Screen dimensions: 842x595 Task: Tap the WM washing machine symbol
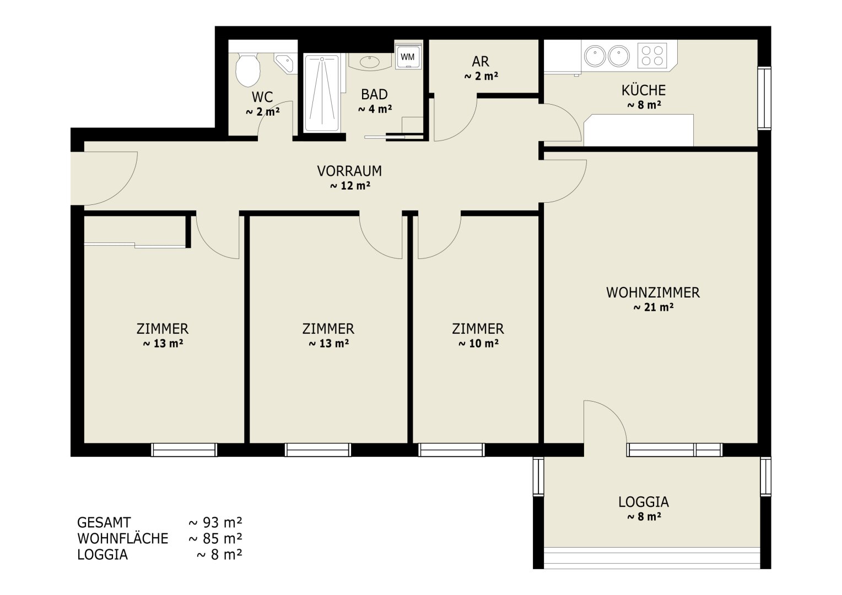tap(407, 57)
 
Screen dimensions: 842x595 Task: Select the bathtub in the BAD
tap(322, 93)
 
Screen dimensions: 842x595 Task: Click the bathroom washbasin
tap(370, 62)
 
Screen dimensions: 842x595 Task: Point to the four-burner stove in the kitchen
tap(652, 56)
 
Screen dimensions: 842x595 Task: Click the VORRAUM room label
tap(349, 171)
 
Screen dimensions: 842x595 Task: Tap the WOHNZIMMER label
tap(653, 293)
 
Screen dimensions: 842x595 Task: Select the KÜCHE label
tap(644, 90)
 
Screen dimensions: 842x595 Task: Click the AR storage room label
tap(481, 61)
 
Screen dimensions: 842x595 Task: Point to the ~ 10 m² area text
tap(478, 344)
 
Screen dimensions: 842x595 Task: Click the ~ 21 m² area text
tap(654, 307)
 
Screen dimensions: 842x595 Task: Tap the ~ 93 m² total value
tap(215, 522)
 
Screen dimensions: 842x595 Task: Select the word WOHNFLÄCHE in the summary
tap(123, 539)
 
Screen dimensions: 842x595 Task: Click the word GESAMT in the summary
tap(104, 522)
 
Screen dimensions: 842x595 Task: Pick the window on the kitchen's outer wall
tap(764, 99)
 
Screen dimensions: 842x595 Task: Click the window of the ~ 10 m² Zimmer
tap(451, 450)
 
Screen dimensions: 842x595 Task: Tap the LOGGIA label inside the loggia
tap(644, 502)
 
